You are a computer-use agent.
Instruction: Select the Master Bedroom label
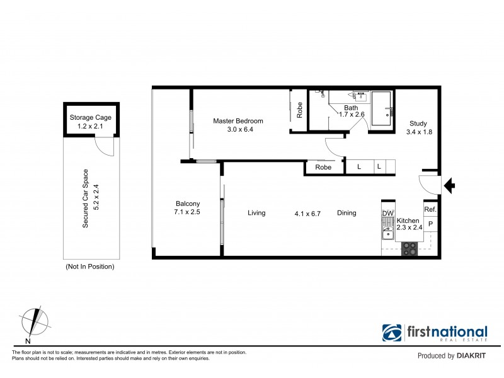[x=238, y=121]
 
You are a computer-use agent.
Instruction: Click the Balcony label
[x=188, y=203]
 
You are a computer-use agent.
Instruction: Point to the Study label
[x=418, y=123]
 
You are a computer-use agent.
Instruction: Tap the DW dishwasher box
[x=387, y=214]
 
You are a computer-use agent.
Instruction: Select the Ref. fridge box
[x=430, y=209]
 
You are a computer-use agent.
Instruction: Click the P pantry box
[x=430, y=224]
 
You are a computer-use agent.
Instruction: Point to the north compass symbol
[x=35, y=322]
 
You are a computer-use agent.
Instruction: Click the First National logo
[x=435, y=333]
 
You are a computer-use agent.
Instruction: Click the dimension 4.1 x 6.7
[x=307, y=214]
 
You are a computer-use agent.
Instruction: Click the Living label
[x=256, y=213]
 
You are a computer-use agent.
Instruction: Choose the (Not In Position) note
[x=90, y=266]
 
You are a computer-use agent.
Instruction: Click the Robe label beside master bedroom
[x=300, y=110]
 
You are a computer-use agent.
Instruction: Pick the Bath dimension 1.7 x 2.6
[x=352, y=115]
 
